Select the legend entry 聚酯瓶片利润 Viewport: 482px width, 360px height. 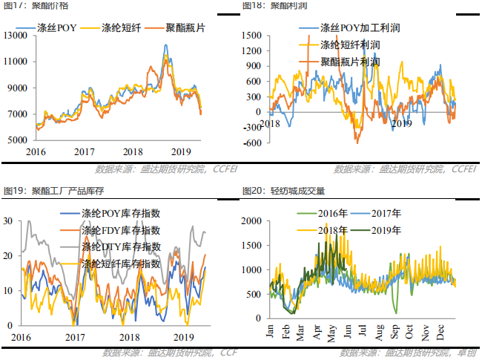(349, 62)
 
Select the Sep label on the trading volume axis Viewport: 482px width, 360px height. (398, 332)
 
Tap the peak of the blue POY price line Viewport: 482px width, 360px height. (165, 45)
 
